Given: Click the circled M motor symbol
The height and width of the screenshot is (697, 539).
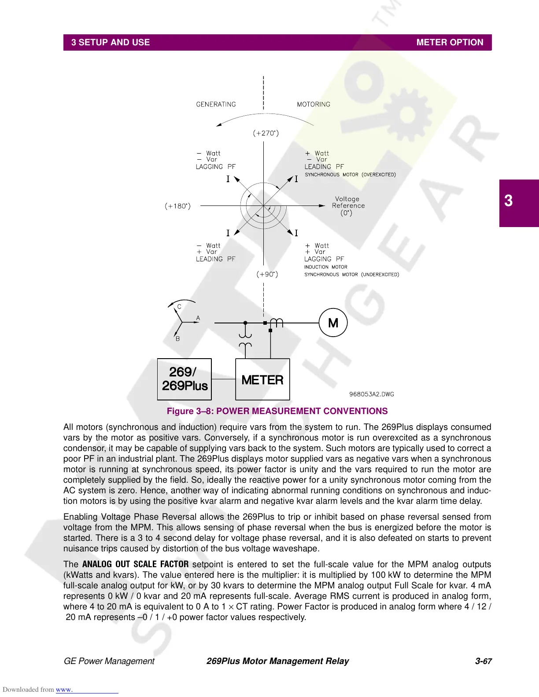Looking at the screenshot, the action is pos(333,323).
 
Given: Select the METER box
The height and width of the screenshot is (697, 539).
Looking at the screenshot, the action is pos(262,379).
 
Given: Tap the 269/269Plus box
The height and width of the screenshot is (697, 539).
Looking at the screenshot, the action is pos(185,379).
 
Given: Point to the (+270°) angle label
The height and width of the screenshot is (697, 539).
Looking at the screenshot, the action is pos(266,133).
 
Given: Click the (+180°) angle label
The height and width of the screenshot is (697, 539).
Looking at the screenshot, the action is pos(178,206).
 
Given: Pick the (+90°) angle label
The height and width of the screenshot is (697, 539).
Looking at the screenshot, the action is pos(267,274).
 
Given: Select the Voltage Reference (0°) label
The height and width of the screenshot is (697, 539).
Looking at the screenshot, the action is pos(348,205).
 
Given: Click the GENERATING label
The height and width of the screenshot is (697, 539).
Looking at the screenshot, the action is pos(216,104).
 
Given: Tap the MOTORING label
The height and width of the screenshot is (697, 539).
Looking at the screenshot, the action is pos(314,104).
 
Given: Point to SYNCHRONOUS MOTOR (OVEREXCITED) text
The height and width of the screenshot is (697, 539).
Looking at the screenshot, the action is pos(350,175).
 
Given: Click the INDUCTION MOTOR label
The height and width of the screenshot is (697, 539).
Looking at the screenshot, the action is pos(325,267).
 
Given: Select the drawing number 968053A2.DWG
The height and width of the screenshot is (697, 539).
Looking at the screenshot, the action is pos(371,394).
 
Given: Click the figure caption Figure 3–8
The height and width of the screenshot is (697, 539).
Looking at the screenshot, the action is pos(277,411).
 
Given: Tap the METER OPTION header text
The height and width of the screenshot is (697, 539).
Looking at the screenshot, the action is pos(450,42).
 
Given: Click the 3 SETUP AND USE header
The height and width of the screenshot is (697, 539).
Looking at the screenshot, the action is pos(111,42).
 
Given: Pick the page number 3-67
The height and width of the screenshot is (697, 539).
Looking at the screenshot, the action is pos(483,661).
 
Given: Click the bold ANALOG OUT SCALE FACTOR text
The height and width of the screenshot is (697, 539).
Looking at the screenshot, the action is pos(135,564).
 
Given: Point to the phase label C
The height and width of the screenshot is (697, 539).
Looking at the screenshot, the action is pos(179,307).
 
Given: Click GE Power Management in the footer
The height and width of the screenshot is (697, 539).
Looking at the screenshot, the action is pos(109,661).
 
